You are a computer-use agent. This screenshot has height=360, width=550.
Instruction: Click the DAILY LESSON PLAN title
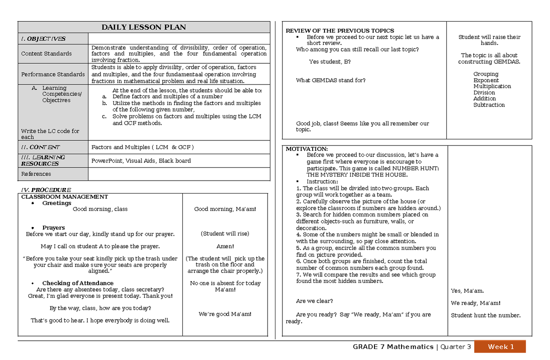143,27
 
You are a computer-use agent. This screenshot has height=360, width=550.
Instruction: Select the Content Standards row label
46,54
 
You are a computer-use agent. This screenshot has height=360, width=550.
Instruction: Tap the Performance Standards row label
53,74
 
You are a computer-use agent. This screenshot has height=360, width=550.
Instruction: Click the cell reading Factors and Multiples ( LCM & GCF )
143,147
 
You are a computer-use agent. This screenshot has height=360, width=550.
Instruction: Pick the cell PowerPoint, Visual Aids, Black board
141,161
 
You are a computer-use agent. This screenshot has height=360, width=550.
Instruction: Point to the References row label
36,174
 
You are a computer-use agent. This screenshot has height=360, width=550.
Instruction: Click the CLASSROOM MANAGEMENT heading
65,197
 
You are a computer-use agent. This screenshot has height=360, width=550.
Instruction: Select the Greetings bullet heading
57,203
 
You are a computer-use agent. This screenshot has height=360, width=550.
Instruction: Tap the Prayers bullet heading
54,228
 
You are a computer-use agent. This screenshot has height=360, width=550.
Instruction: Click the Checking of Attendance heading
78,283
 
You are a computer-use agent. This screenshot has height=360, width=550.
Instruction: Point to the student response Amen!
225,246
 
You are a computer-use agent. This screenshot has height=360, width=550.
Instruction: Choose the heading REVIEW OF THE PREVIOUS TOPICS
340,31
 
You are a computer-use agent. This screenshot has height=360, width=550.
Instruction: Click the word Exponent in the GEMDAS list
486,80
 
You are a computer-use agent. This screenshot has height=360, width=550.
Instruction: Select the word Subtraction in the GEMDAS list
489,105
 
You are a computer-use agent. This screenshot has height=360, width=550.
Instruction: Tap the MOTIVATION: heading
307,149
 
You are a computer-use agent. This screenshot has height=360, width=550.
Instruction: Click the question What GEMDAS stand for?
331,80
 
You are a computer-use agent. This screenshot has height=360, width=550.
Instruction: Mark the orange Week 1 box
500,347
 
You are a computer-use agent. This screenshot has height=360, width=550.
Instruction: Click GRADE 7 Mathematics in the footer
393,347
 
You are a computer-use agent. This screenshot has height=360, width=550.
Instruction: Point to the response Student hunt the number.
485,316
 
